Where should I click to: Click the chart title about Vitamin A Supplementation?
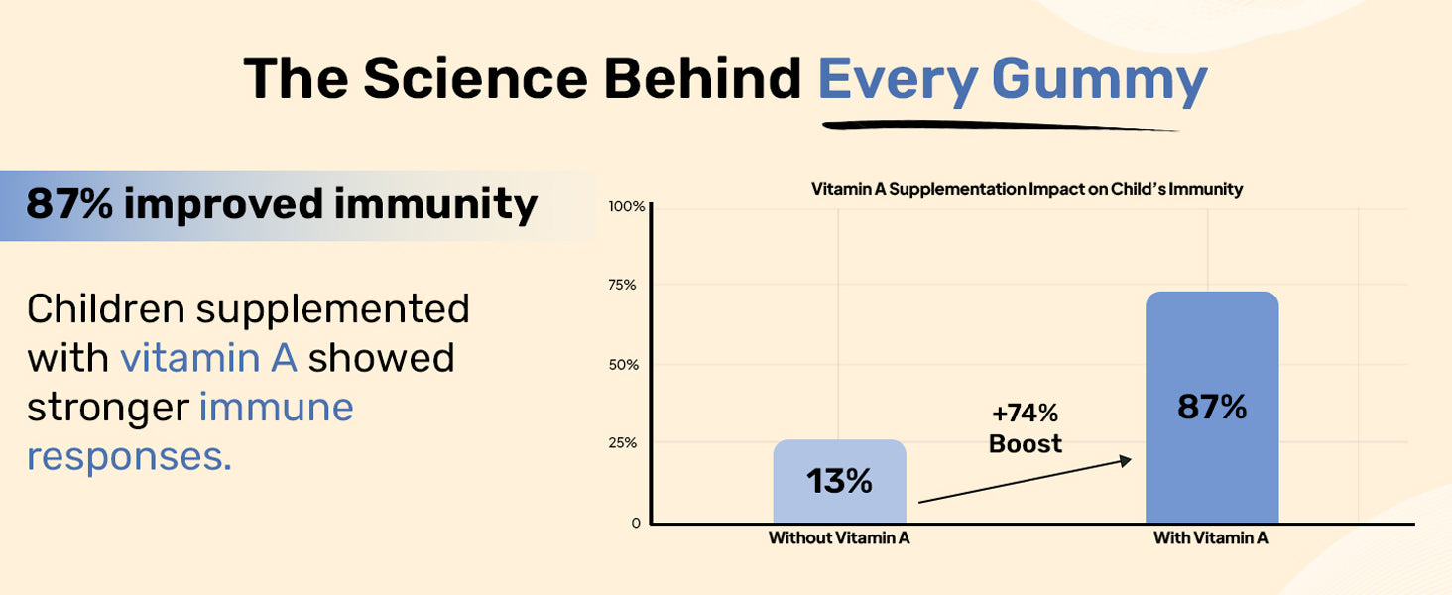(x=1027, y=189)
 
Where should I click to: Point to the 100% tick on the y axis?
(x=627, y=206)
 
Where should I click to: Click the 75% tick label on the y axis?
(x=624, y=286)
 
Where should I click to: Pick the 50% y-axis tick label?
(x=624, y=365)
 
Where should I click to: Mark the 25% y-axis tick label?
(x=624, y=443)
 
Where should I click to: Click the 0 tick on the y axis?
(x=636, y=523)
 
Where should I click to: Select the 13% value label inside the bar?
(x=839, y=482)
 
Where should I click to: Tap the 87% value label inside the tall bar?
(x=1211, y=408)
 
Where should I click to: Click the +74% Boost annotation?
(x=1026, y=428)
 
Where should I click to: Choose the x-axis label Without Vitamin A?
(x=839, y=539)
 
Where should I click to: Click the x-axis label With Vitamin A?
(x=1211, y=539)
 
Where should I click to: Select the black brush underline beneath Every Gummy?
(x=1002, y=126)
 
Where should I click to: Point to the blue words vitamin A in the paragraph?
(x=208, y=358)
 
